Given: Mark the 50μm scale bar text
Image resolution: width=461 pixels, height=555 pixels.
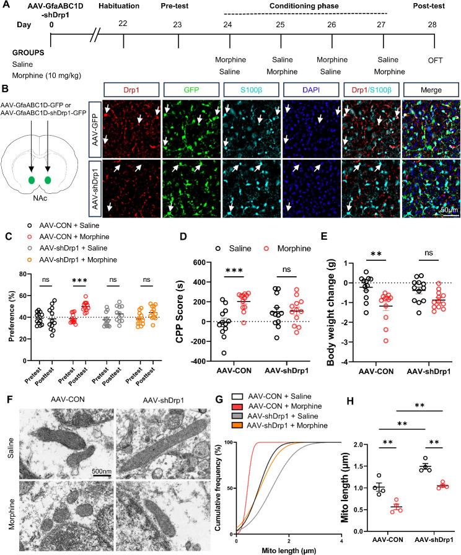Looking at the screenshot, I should [x=449, y=210].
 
